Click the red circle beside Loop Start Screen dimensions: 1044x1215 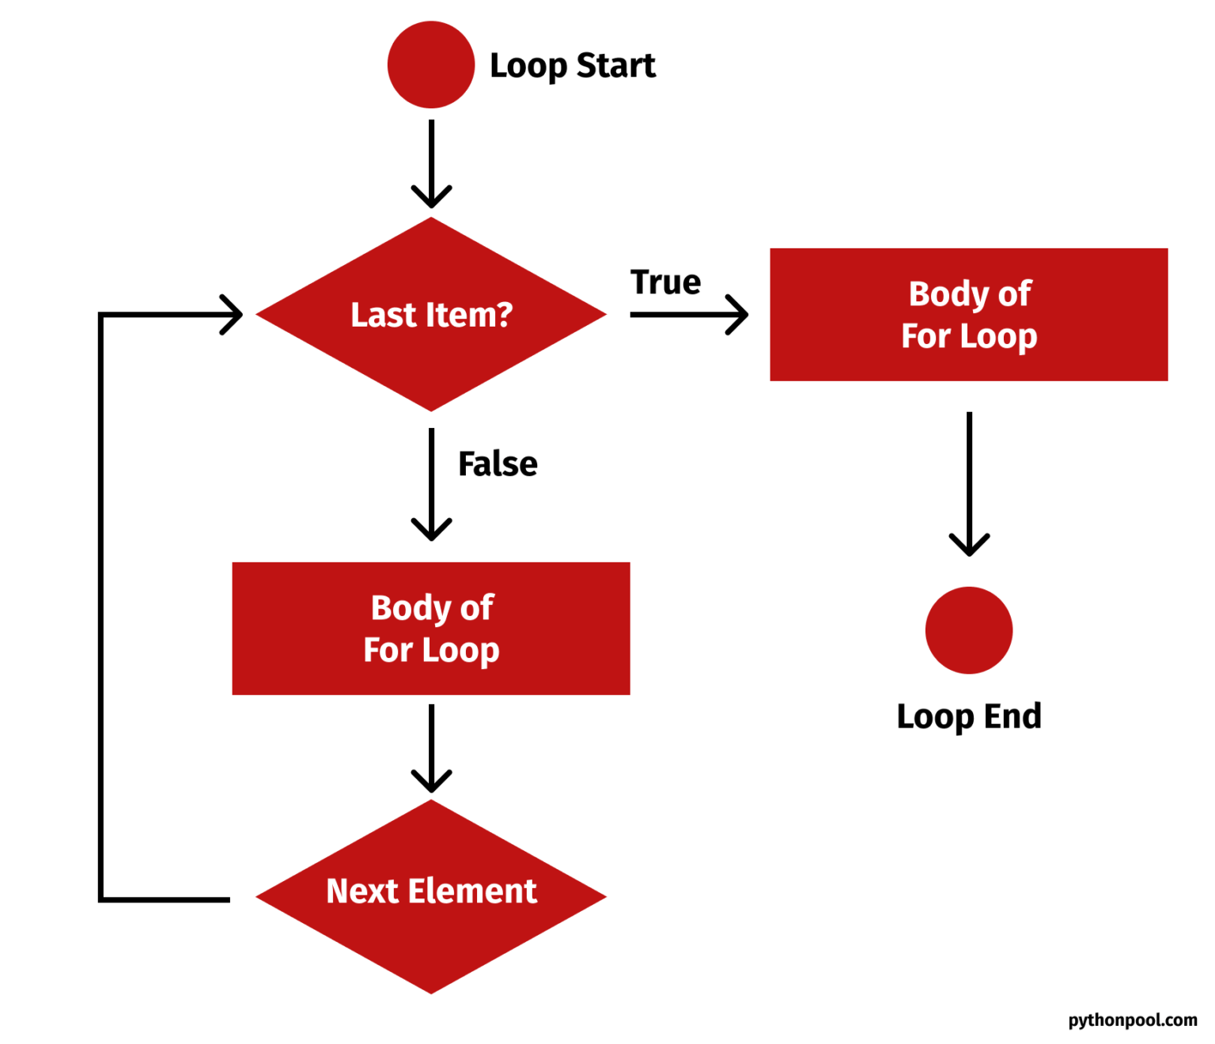click(x=431, y=65)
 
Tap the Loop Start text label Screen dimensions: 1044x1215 click(x=572, y=66)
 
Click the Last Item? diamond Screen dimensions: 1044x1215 click(x=431, y=314)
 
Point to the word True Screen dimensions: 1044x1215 click(x=665, y=282)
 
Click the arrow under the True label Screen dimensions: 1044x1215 click(x=688, y=315)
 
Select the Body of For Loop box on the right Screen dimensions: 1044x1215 click(x=968, y=315)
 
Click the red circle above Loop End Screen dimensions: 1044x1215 click(x=969, y=630)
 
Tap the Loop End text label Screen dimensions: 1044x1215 click(x=969, y=717)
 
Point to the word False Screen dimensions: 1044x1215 click(x=498, y=464)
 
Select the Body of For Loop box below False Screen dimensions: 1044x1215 click(x=431, y=629)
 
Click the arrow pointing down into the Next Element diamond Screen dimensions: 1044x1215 click(x=431, y=748)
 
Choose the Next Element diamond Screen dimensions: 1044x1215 click(x=431, y=896)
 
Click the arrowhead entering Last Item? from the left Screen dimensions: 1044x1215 click(x=233, y=315)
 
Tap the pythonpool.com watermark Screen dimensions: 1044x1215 click(x=1132, y=1020)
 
